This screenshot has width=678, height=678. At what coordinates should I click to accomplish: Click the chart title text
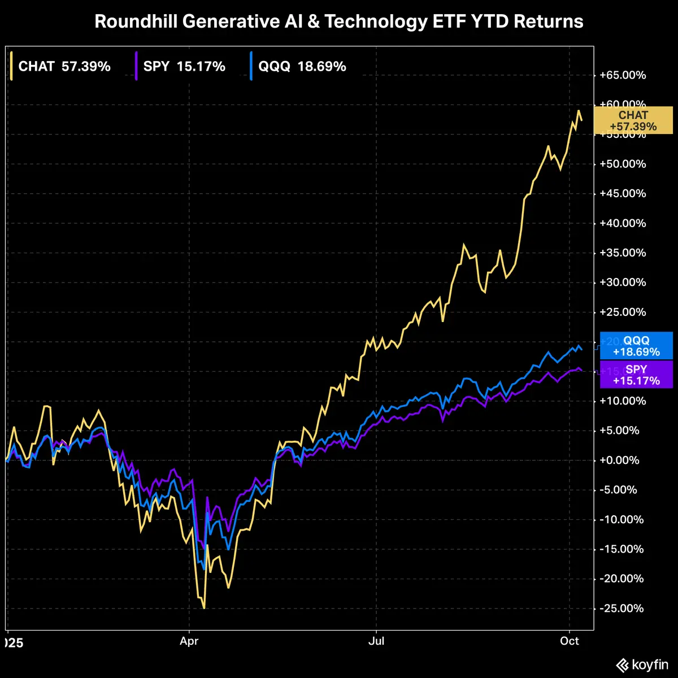point(339,21)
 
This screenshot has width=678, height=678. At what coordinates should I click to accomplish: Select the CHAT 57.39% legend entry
point(64,67)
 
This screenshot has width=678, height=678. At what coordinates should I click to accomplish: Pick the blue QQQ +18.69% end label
point(637,346)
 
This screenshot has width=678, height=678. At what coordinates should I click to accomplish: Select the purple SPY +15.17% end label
point(637,375)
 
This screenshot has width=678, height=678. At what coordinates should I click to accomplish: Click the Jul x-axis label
point(376,641)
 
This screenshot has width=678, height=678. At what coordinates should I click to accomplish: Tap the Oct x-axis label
point(570,641)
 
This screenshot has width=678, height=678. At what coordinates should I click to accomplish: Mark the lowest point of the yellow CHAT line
point(203,608)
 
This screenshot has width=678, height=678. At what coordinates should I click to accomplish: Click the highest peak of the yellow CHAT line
point(579,111)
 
